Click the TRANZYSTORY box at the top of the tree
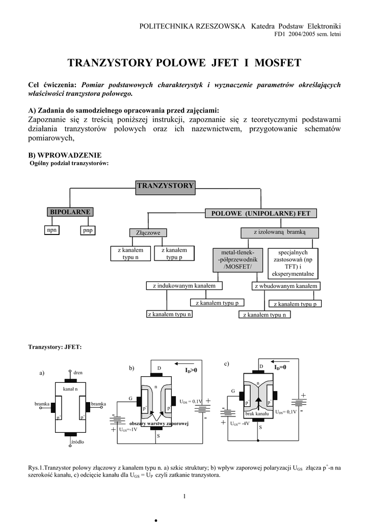point(165,186)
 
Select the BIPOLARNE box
point(70,212)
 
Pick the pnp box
point(88,230)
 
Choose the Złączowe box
point(148,233)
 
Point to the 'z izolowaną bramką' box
point(279,232)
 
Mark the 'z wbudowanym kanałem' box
point(286,286)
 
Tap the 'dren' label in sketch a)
point(78,373)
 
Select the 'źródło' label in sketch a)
point(78,443)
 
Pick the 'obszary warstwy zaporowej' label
point(159,424)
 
